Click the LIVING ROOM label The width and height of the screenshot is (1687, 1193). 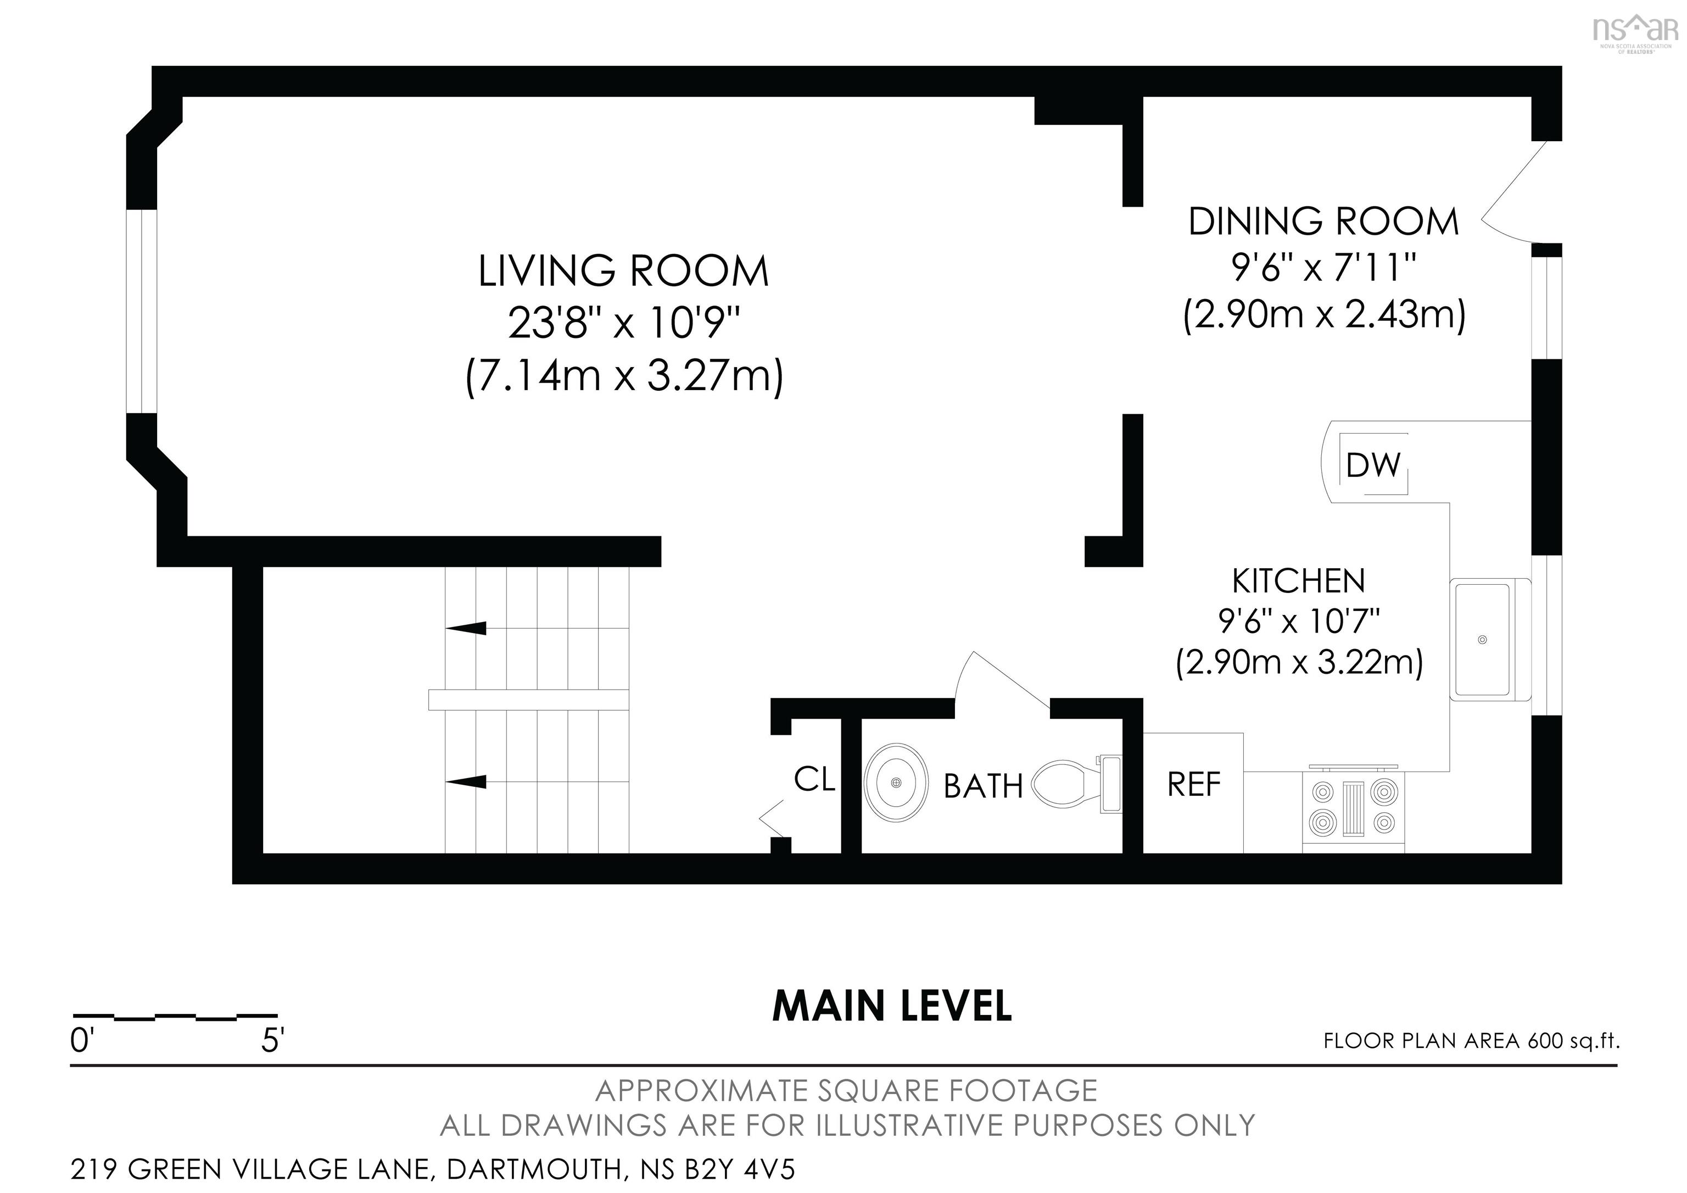pyautogui.click(x=623, y=271)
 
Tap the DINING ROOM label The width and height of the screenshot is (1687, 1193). pyautogui.click(x=1323, y=222)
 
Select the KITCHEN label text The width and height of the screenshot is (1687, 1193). pyautogui.click(x=1298, y=581)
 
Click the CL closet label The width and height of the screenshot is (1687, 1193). pyautogui.click(x=814, y=780)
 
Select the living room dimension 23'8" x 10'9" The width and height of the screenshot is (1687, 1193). pyautogui.click(x=623, y=324)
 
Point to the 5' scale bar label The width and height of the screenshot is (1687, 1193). pyautogui.click(x=272, y=1041)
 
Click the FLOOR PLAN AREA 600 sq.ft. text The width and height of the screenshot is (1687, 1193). pyautogui.click(x=1471, y=1041)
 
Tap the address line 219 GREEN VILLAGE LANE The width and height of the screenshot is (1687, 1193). pyautogui.click(x=433, y=1169)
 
